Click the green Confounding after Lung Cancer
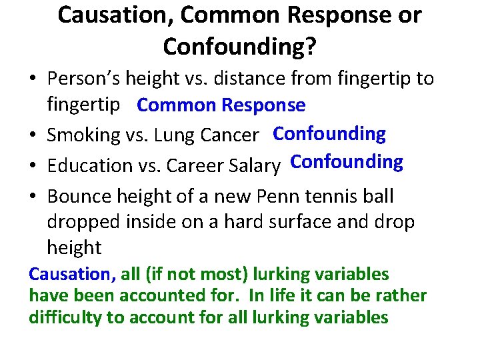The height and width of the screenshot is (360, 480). coord(329,134)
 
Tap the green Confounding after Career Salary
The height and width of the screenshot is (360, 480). coord(347,162)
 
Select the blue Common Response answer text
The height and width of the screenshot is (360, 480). coord(221,105)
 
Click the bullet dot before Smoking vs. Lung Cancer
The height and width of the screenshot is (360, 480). coord(33,136)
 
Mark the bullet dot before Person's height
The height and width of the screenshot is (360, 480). coord(33,79)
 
